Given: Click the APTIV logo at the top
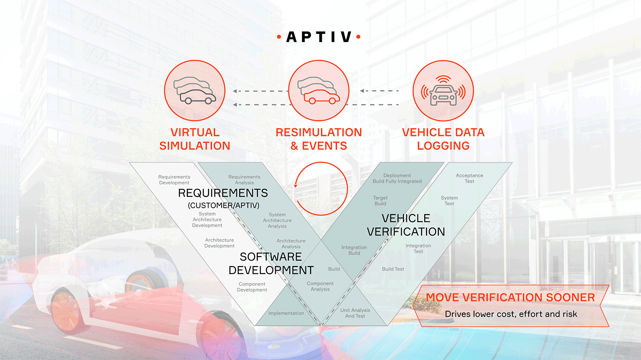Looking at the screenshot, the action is tap(319, 37).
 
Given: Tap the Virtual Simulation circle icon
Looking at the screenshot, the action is tap(195, 90).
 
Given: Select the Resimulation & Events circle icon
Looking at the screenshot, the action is tap(319, 90).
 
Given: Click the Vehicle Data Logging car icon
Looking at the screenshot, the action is tap(443, 90).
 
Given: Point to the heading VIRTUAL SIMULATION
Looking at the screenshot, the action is tap(195, 139).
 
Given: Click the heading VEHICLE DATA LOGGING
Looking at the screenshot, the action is tap(443, 139).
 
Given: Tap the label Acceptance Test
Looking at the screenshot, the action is tap(469, 178).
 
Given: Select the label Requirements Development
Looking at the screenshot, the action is tap(174, 180).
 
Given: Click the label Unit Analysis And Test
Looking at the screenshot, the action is tap(355, 313).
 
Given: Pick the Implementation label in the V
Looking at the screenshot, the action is tap(286, 313).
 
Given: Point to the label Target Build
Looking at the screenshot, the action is tap(380, 201).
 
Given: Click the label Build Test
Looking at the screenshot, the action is tap(393, 269).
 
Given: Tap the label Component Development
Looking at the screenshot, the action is tap(252, 287).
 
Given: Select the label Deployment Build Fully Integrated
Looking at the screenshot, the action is tap(397, 178).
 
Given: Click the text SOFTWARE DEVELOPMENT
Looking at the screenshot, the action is tap(271, 263).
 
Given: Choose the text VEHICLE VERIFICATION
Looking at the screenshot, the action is tap(406, 225).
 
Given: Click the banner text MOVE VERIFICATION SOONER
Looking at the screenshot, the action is tap(510, 297).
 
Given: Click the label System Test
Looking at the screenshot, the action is tap(449, 201).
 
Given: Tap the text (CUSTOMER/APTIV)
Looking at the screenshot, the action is tap(223, 206).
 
